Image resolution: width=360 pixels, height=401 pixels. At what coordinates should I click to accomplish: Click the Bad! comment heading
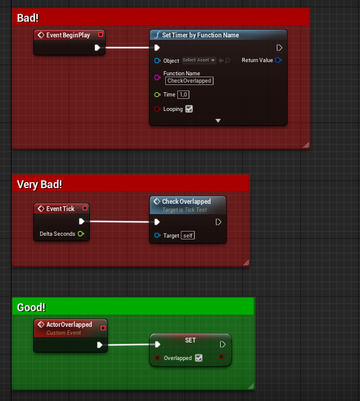click(28, 18)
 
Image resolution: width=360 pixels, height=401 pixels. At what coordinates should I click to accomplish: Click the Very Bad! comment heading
click(40, 184)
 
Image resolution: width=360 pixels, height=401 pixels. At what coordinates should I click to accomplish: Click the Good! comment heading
click(31, 308)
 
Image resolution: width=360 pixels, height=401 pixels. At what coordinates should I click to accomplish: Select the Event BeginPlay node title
click(68, 35)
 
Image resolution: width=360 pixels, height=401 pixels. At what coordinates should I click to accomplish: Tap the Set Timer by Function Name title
click(200, 35)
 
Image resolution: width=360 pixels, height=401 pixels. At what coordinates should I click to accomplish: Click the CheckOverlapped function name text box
click(189, 81)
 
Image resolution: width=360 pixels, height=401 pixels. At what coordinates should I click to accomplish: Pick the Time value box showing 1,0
click(184, 95)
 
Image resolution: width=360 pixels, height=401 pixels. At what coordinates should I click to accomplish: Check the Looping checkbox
click(189, 109)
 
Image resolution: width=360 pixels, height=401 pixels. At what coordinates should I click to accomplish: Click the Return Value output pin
click(278, 60)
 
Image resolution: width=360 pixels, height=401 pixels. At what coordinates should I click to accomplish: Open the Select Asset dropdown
click(199, 60)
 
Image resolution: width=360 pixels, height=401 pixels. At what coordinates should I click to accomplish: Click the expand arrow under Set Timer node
click(218, 121)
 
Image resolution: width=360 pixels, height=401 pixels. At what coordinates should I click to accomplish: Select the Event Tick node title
click(60, 209)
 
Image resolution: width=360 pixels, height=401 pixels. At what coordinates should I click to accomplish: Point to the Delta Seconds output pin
click(81, 233)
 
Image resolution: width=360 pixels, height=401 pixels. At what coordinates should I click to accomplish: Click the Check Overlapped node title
click(186, 201)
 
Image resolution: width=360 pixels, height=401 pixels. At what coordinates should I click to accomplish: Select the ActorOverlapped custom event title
click(69, 324)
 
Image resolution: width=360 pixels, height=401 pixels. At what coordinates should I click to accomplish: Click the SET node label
click(191, 340)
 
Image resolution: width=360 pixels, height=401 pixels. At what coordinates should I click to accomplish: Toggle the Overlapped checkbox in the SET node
click(199, 358)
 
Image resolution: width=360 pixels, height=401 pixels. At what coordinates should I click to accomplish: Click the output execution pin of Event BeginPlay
click(98, 48)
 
